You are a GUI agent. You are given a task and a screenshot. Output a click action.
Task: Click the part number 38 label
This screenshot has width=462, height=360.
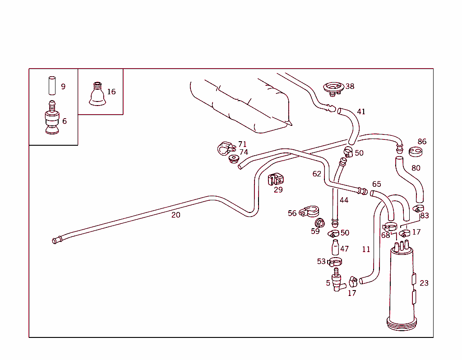coord(350,86)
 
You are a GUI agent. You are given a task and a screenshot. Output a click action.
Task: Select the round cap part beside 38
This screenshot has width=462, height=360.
coord(334,88)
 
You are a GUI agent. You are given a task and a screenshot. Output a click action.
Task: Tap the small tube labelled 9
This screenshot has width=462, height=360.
coord(51,84)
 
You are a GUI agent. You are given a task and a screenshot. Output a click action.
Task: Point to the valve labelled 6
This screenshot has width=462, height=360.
coord(52,119)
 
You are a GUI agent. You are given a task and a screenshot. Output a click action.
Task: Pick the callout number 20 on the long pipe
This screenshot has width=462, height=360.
coord(176,215)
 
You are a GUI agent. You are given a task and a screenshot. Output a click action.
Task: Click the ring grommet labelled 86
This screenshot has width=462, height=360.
coord(415,152)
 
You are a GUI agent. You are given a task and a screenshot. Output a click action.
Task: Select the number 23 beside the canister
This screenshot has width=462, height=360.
coord(424,283)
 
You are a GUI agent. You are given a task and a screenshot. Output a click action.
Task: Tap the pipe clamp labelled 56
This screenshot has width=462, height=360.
coord(310,211)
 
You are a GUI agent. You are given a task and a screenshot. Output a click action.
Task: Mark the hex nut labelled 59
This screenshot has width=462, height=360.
coord(319,223)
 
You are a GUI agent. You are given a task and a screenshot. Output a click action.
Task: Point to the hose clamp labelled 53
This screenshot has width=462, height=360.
coord(335,262)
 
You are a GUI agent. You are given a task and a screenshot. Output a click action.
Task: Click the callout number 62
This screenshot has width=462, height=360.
coord(317,174)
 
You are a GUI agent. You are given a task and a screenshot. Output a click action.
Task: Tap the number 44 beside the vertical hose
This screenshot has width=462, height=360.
coord(344,200)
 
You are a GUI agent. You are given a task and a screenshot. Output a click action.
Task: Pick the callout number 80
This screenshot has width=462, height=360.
coord(416,168)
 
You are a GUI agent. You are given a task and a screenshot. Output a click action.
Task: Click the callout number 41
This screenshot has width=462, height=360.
coord(361,112)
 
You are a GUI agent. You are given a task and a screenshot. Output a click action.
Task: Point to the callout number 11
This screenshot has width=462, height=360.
coord(366,249)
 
